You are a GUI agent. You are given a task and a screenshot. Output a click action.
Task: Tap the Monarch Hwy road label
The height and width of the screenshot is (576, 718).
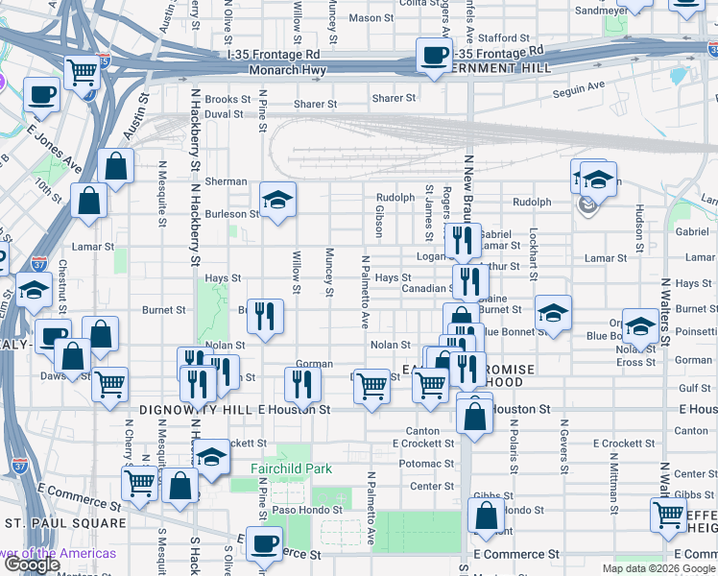pos(287,70)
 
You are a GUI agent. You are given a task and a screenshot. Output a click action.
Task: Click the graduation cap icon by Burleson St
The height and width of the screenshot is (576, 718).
pos(278,200)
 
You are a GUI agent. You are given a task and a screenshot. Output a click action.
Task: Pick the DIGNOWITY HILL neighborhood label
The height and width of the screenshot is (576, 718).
pos(195,409)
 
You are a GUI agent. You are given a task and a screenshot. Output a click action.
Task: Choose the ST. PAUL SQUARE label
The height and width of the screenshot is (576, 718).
pos(64,523)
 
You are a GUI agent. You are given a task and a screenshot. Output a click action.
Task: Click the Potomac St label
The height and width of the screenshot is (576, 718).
pos(419,464)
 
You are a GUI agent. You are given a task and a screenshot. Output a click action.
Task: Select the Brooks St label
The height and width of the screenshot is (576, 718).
pos(227,99)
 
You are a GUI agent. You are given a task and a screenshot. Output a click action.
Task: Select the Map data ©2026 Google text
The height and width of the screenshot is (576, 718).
pos(658,568)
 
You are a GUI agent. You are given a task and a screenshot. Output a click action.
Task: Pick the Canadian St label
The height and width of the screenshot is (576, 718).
pos(426,288)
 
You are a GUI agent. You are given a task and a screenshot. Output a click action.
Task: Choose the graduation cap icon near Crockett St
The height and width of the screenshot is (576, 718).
pos(212,455)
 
